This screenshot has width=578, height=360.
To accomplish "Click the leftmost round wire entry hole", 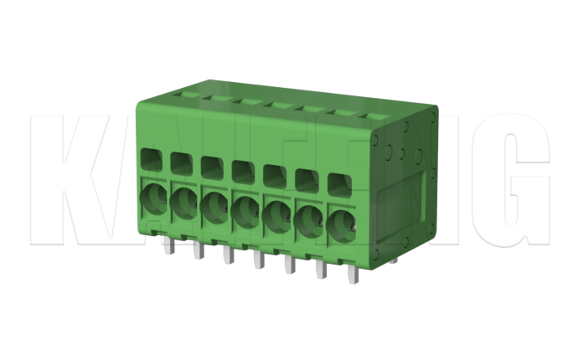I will pyautogui.click(x=154, y=201).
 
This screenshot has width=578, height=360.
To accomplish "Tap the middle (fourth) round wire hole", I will pyautogui.click(x=245, y=212).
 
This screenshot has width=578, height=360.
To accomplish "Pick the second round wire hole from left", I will pyautogui.click(x=183, y=204).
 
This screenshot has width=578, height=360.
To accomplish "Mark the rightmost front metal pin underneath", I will pyautogui.click(x=350, y=273).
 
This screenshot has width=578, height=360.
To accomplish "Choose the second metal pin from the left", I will pyautogui.click(x=199, y=249).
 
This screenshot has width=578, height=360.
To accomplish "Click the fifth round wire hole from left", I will pyautogui.click(x=276, y=216).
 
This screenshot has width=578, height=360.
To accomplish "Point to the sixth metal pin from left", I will pyautogui.click(x=320, y=268).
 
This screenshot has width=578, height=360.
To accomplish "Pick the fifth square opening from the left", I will pyautogui.click(x=274, y=174).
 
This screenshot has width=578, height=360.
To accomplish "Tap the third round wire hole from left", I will pyautogui.click(x=214, y=208).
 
